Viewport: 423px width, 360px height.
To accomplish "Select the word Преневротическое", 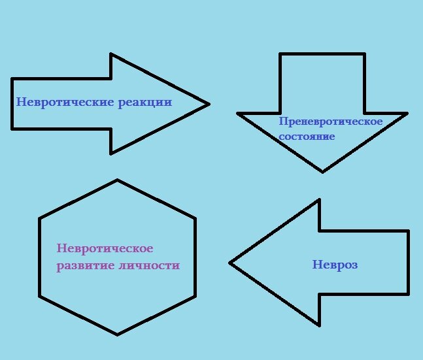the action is [x=330, y=122].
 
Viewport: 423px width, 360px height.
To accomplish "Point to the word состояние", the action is [x=307, y=137].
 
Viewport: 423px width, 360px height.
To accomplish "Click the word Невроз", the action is [x=335, y=265].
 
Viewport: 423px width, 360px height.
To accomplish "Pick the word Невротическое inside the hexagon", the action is [x=105, y=249].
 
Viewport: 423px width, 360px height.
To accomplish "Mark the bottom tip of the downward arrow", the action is [x=322, y=172].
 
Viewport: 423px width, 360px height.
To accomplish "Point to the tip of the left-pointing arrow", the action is [x=230, y=263].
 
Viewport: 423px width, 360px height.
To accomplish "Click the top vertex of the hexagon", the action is [x=117, y=180].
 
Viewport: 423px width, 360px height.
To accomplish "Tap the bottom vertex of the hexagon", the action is [x=117, y=335].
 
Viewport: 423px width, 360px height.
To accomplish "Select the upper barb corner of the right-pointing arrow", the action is [x=111, y=54].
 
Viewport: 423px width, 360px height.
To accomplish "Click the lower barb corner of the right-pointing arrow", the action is [x=111, y=154].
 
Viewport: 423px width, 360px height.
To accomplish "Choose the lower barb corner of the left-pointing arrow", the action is [x=319, y=325].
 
